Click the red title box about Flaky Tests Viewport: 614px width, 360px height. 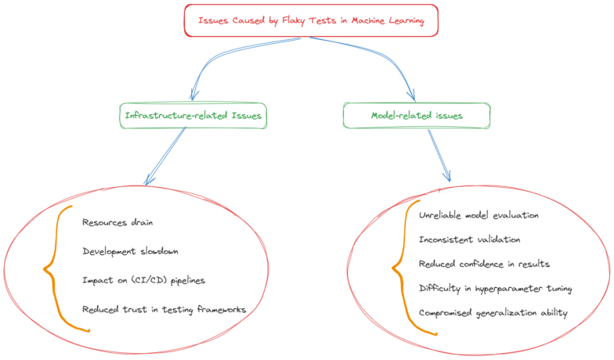[x=311, y=21]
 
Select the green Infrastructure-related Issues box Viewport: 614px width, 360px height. [x=193, y=116]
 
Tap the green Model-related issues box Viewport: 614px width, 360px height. [x=417, y=116]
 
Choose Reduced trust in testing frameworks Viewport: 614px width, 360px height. [x=164, y=309]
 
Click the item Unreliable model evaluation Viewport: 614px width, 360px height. [x=479, y=214]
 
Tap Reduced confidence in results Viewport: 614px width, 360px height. [x=484, y=264]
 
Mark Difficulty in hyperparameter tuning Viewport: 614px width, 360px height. [x=496, y=289]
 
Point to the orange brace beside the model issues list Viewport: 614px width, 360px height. [x=403, y=266]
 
